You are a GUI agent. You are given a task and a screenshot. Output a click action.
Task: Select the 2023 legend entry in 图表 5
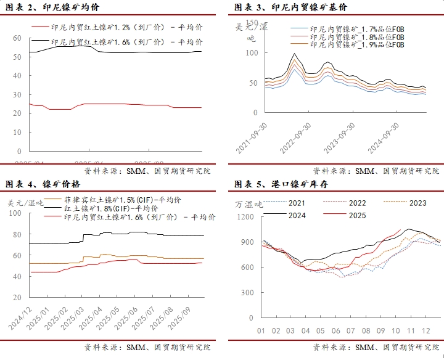click(417, 203)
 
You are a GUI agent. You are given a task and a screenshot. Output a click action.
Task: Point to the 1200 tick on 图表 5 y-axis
click(245, 216)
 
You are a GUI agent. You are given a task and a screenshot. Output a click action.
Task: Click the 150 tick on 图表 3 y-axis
click(250, 23)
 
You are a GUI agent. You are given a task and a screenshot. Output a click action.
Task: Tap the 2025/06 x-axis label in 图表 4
click(129, 316)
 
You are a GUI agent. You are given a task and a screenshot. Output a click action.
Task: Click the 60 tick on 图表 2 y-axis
click(17, 38)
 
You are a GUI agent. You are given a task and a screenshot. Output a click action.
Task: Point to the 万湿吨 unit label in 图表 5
click(249, 204)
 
